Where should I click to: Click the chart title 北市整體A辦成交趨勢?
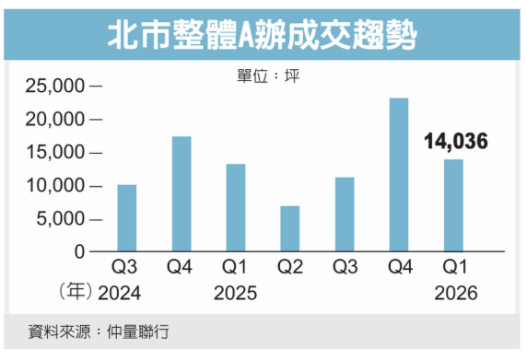coord(263,36)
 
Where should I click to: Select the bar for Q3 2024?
coord(126,218)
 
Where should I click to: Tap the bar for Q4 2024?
coord(182,194)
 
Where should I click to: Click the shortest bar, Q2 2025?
coord(289,228)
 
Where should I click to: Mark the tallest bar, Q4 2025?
coord(399,175)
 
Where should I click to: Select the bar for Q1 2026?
coord(453,205)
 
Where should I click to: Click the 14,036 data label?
coord(455,142)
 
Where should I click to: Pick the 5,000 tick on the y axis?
coord(59,219)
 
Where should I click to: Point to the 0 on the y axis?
coord(79,252)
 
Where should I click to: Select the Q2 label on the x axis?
coord(289,269)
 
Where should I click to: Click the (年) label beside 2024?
coord(76,293)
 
